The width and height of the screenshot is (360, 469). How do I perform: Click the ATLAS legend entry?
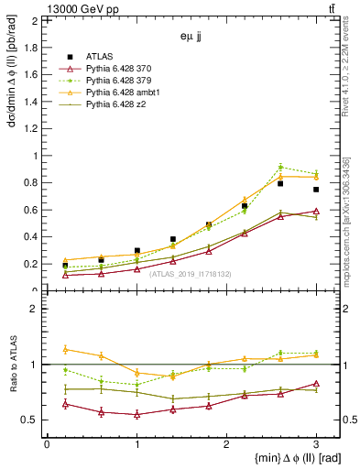tap(102, 57)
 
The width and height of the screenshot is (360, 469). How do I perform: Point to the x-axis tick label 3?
tap(316, 444)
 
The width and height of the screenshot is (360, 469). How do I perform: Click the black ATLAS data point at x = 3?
tap(316, 190)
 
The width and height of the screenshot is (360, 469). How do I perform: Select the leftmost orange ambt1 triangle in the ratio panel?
tap(65, 349)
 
